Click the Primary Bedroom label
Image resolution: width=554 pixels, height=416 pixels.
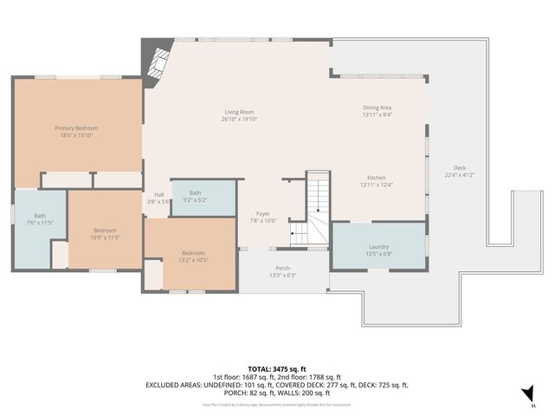pyautogui.click(x=76, y=127)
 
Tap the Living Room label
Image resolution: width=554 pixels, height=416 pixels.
pyautogui.click(x=239, y=112)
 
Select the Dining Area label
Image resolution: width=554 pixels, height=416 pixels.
pyautogui.click(x=377, y=107)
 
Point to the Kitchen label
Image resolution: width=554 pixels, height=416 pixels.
pyautogui.click(x=377, y=177)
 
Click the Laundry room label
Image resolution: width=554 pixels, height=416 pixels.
pyautogui.click(x=377, y=247)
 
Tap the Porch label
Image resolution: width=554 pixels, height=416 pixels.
pyautogui.click(x=282, y=269)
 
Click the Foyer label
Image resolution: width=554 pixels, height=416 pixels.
pyautogui.click(x=263, y=213)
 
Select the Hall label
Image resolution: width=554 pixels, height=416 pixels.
pyautogui.click(x=158, y=194)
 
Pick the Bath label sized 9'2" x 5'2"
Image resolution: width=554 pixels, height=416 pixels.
pyautogui.click(x=196, y=193)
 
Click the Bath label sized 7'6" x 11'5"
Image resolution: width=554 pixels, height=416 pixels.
pyautogui.click(x=40, y=216)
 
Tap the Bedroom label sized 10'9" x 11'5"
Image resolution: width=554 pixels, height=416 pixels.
pyautogui.click(x=105, y=230)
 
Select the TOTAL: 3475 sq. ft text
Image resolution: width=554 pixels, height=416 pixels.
pyautogui.click(x=276, y=369)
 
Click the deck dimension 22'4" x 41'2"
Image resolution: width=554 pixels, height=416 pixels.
pyautogui.click(x=460, y=175)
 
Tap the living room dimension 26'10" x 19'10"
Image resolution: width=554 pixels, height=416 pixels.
pyautogui.click(x=239, y=119)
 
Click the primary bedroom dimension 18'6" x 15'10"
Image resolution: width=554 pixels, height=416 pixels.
pyautogui.click(x=76, y=134)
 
